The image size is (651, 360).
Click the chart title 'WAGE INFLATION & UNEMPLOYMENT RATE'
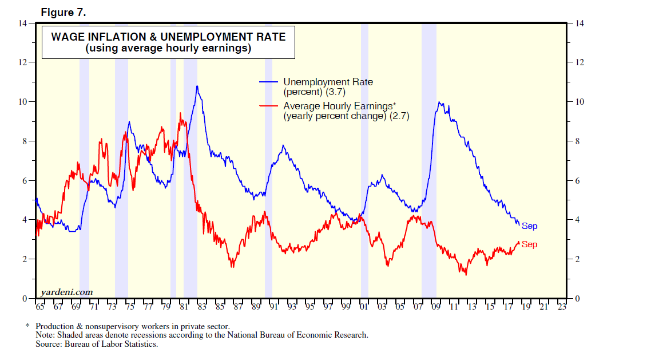(x=169, y=37)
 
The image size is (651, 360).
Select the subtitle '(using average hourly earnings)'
(x=169, y=49)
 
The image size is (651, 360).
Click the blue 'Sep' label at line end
(x=529, y=227)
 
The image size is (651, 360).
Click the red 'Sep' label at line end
(x=529, y=245)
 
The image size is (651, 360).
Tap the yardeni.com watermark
(x=67, y=292)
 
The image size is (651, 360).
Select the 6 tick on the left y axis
(x=25, y=181)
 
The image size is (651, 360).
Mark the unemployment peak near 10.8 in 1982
(x=197, y=86)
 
